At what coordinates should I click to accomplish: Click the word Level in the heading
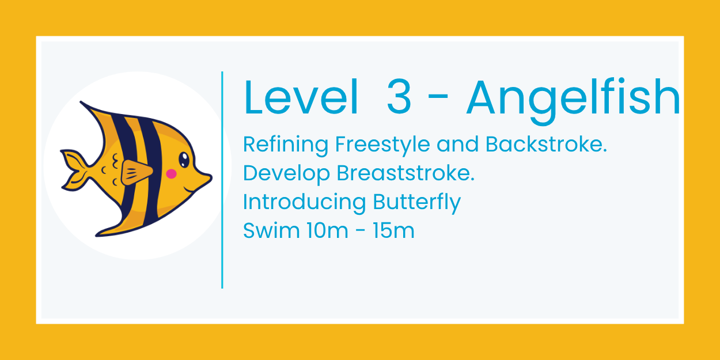pos(301,98)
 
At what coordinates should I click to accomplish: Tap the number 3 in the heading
pos(399,98)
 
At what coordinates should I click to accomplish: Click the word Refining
pos(286,144)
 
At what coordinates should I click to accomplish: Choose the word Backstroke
pos(547,144)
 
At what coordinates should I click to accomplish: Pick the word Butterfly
pos(416,203)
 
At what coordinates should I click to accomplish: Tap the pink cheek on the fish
pos(171,173)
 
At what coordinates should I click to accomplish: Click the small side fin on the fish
pos(137,172)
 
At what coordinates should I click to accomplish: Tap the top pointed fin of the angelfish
pos(92,109)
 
